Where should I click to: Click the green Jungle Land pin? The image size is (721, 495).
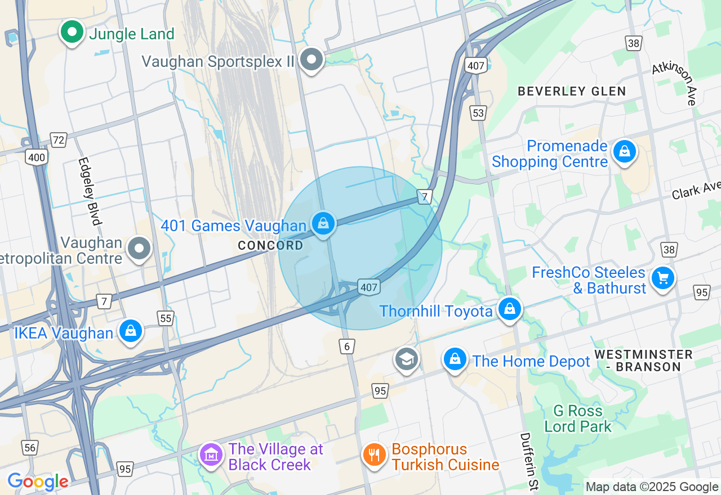(x=72, y=32)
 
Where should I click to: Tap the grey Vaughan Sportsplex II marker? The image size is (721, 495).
(x=311, y=59)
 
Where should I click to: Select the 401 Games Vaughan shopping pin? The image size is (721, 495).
(x=323, y=224)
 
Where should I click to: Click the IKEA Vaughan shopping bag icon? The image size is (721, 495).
(x=131, y=331)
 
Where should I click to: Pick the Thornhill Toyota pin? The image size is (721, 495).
(x=510, y=309)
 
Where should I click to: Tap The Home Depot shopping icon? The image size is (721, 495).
(x=455, y=359)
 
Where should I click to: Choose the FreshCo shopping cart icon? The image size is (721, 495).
(x=663, y=278)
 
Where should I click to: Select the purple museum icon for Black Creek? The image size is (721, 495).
(x=211, y=454)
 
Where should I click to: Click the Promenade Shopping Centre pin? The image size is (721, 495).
(x=624, y=151)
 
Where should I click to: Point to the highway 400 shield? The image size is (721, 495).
(x=37, y=157)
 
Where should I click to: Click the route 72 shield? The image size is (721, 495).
(x=58, y=139)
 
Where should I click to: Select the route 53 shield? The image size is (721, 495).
(x=478, y=113)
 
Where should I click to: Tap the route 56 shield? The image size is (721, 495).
(x=30, y=448)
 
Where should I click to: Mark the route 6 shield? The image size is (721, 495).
(x=348, y=346)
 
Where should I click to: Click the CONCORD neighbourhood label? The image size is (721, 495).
(x=270, y=245)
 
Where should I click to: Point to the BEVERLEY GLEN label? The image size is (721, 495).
(x=572, y=91)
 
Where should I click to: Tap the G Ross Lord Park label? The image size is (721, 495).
(x=578, y=418)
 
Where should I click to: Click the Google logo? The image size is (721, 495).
(x=38, y=481)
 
